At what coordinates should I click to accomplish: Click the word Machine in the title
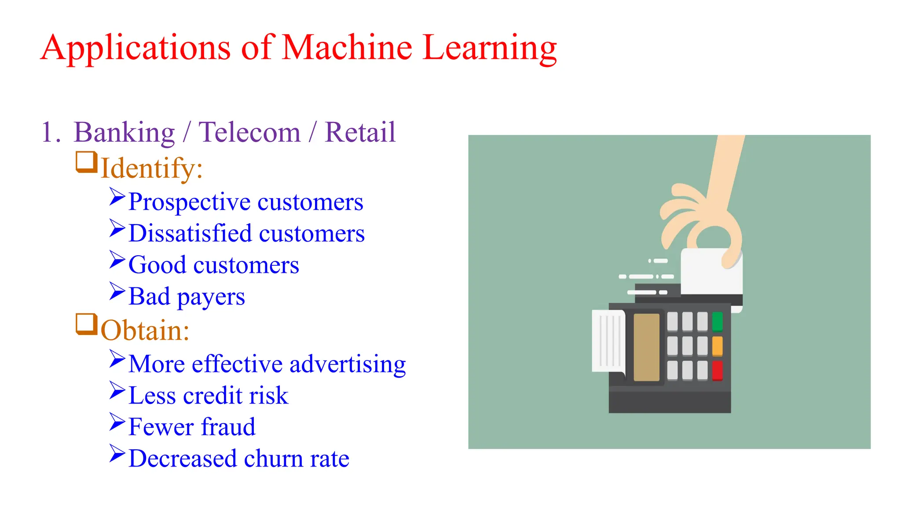point(347,48)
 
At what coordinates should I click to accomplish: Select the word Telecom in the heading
point(249,132)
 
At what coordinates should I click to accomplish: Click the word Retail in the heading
point(360,132)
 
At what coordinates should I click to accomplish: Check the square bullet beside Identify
point(86,162)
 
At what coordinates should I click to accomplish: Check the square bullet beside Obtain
point(86,324)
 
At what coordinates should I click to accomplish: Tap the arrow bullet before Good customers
point(117,260)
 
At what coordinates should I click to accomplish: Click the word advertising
point(348,364)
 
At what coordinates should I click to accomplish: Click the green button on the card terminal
point(717,321)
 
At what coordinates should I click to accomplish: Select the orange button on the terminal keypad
point(717,346)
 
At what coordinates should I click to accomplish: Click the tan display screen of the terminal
point(646,347)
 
